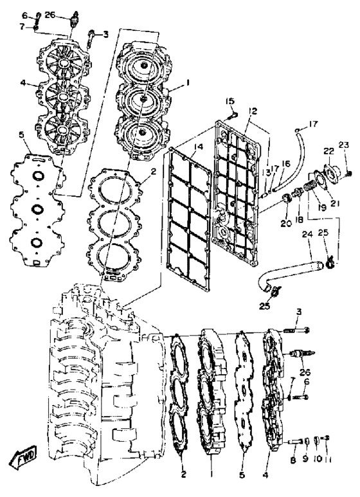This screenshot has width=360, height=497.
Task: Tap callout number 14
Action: (199, 147)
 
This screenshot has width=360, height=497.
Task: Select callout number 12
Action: (253, 111)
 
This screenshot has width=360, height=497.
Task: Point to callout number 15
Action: (230, 101)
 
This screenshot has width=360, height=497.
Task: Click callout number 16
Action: (285, 163)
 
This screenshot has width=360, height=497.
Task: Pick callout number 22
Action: (329, 151)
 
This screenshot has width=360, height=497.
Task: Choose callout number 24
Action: (307, 235)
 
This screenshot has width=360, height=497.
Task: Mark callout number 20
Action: (286, 224)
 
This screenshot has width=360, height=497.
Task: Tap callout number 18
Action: (299, 220)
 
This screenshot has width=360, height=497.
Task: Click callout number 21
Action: (335, 203)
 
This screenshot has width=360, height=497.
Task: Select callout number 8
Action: (293, 460)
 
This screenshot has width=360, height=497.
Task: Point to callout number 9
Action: (305, 458)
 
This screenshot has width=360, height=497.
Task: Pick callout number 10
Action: (317, 458)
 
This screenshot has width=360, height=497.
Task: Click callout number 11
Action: (328, 459)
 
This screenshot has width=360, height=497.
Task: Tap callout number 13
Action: (266, 172)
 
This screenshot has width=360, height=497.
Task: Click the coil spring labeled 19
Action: (310, 186)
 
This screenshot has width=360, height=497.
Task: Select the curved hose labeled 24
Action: (291, 274)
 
